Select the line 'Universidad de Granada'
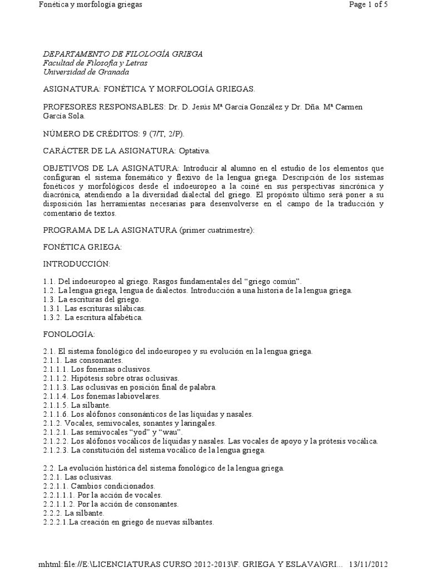click(x=86, y=72)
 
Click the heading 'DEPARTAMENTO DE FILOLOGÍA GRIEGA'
click(x=123, y=54)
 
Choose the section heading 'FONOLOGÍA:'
click(x=69, y=335)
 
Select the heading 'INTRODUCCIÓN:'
click(x=77, y=263)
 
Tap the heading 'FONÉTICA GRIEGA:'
click(x=82, y=247)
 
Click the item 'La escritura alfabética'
click(x=104, y=318)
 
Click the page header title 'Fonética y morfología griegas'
click(x=90, y=4)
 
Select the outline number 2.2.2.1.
click(x=56, y=522)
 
